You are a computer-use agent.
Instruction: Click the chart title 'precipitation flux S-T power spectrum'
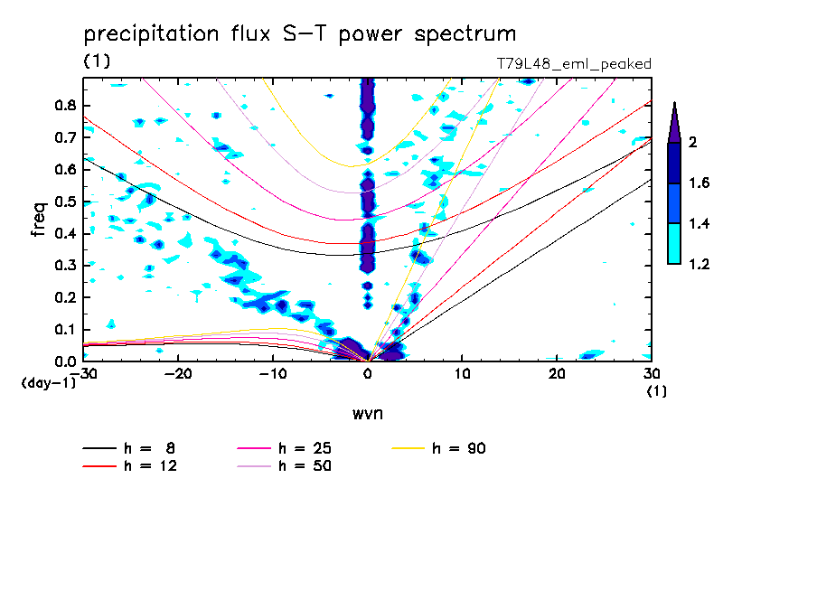coord(299,34)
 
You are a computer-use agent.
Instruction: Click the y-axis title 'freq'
coord(39,220)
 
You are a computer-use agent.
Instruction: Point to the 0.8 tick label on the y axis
coord(63,105)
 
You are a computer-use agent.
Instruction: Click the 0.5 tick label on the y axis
coord(63,202)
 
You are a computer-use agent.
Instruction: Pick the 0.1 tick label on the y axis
coord(63,330)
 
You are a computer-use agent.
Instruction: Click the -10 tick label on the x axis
coord(272,373)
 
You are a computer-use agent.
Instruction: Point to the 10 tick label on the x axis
coord(462,373)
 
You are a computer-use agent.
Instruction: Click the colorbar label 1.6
coord(700,183)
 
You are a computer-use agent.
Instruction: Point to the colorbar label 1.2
coord(700,264)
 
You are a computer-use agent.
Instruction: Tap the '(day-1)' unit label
coord(48,383)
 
